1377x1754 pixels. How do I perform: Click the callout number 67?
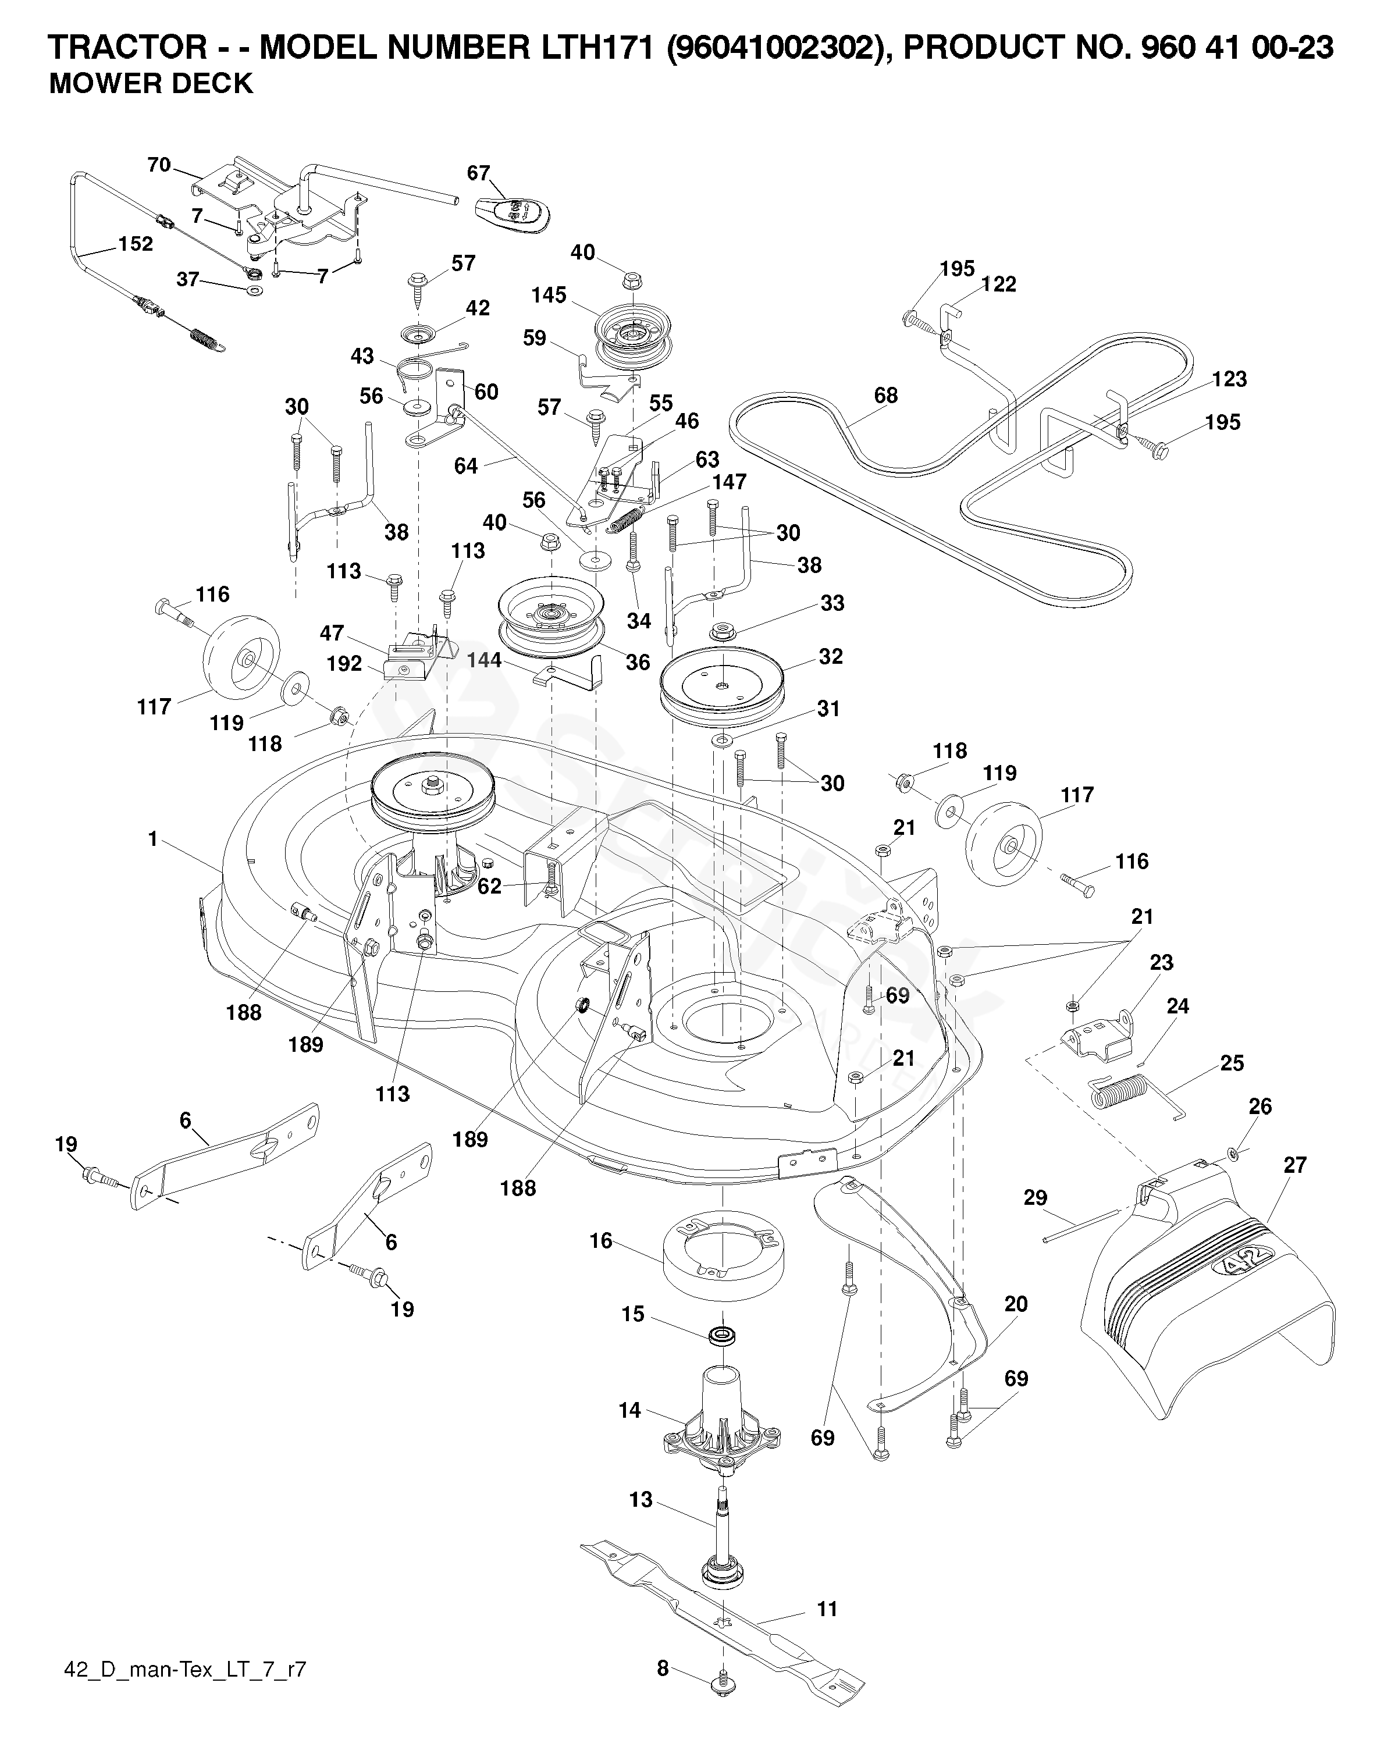coord(479,173)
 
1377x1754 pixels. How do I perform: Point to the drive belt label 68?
coord(886,395)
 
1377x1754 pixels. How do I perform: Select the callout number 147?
coord(729,482)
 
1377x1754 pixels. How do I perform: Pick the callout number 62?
coord(489,887)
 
